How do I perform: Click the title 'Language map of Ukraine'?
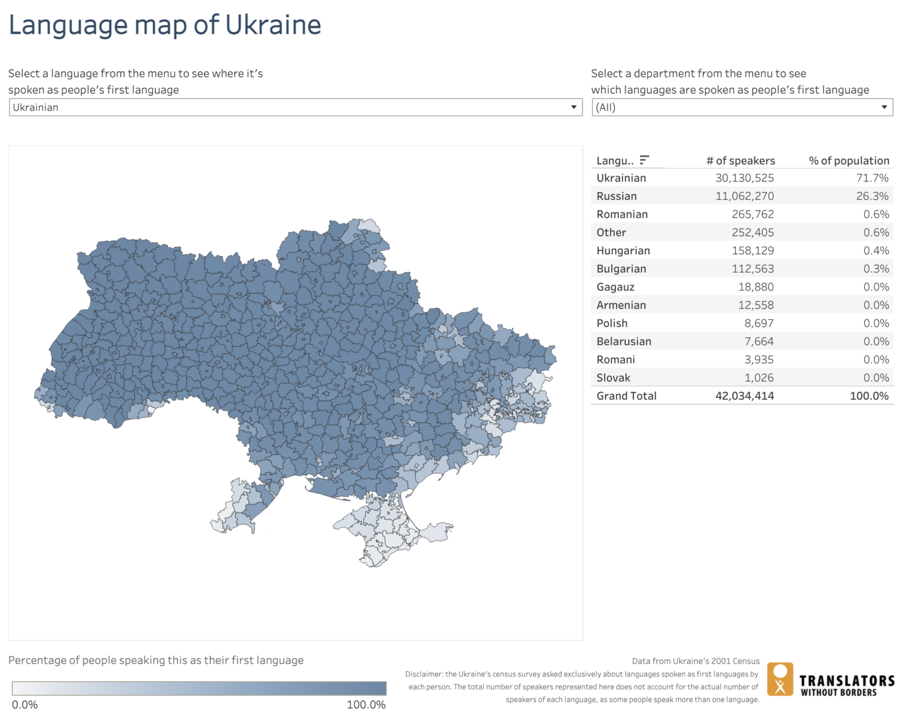[x=164, y=25]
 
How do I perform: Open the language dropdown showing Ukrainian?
[x=295, y=107]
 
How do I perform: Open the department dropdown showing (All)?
[x=742, y=107]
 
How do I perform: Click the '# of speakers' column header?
[x=740, y=161]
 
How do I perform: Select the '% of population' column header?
[x=848, y=161]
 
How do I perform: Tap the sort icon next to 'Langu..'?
[x=644, y=160]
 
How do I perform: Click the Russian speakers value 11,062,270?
[x=744, y=196]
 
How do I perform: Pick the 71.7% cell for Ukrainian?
[x=872, y=178]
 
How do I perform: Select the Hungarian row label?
[x=623, y=251]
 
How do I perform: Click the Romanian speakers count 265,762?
[x=753, y=215]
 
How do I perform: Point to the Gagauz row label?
[x=615, y=287]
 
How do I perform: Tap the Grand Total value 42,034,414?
[x=744, y=396]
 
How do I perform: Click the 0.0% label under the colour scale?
[x=25, y=705]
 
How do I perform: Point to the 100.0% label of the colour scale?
[x=366, y=705]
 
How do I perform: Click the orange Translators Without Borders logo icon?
[x=780, y=679]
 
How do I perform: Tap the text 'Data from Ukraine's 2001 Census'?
[x=695, y=661]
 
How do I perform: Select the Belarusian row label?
[x=624, y=342]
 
